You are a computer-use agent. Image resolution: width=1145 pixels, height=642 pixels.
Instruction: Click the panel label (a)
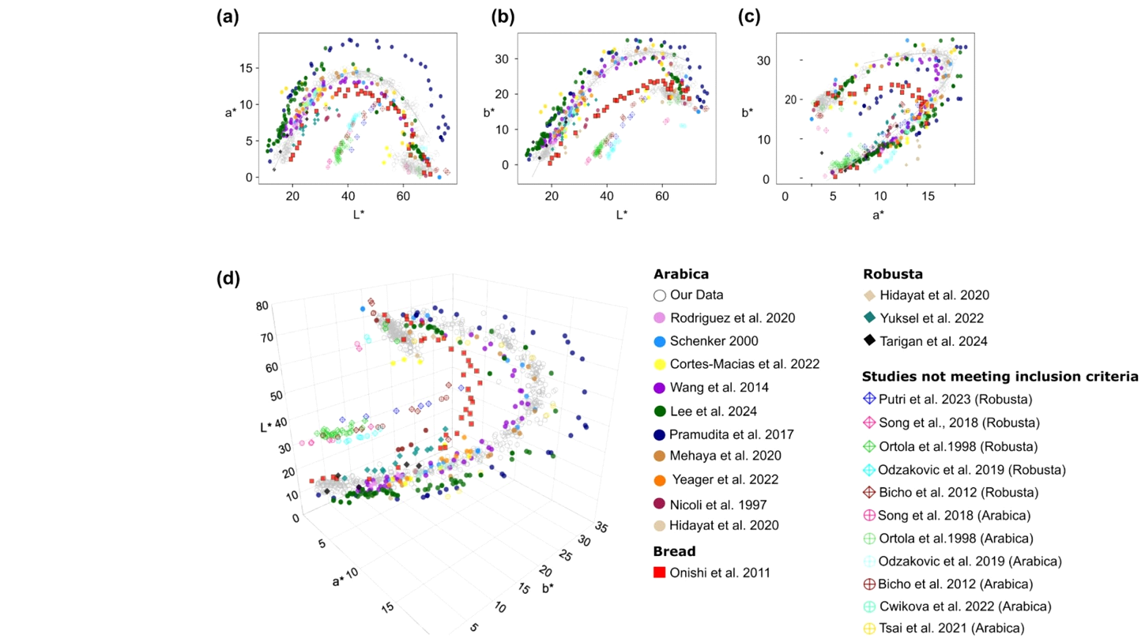point(228,17)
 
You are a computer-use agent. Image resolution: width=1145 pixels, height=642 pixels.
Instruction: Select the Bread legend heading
point(672,550)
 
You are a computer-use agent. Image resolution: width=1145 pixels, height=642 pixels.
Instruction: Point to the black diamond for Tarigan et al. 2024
point(869,341)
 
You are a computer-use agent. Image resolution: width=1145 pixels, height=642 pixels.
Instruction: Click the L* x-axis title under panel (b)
point(621,213)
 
